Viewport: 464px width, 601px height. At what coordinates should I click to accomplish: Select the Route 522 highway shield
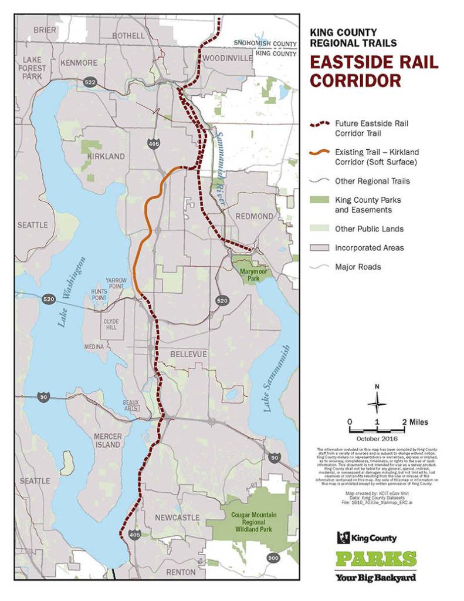click(90, 82)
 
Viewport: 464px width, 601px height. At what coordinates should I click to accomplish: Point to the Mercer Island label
click(107, 440)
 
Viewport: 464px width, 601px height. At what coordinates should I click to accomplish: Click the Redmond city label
click(254, 216)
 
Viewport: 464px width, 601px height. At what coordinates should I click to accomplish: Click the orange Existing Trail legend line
click(319, 152)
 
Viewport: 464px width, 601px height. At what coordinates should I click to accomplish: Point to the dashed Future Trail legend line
click(319, 124)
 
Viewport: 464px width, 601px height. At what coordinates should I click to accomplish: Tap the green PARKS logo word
click(376, 559)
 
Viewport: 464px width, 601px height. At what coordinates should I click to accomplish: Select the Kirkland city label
click(106, 157)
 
